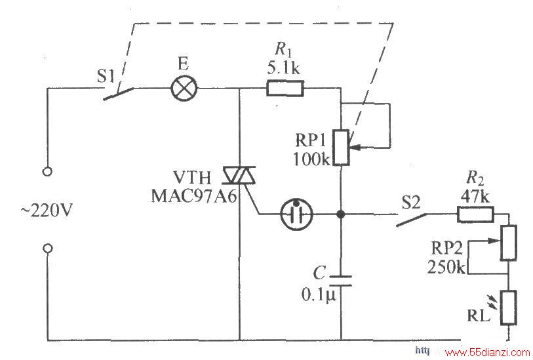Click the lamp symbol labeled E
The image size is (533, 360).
(x=184, y=89)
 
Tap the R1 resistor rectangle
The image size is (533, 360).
(x=285, y=89)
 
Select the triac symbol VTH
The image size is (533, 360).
(x=239, y=176)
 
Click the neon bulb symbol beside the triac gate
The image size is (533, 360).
(x=296, y=214)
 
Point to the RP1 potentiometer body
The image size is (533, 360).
(x=341, y=148)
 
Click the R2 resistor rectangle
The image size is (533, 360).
(x=475, y=214)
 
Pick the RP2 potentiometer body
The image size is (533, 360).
(x=508, y=243)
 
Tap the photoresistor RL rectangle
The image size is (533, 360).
(x=509, y=308)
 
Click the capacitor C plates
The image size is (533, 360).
(x=341, y=281)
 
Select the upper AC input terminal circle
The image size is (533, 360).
(x=48, y=171)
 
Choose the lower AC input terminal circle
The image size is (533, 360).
(x=48, y=249)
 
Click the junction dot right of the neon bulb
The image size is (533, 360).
(x=341, y=214)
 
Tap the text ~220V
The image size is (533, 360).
(x=47, y=210)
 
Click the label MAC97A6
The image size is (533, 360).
(x=194, y=196)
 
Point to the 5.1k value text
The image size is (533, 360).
(x=283, y=68)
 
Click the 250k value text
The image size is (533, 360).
(x=446, y=267)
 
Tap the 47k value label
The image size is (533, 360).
(x=475, y=197)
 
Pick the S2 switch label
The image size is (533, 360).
(x=411, y=202)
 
